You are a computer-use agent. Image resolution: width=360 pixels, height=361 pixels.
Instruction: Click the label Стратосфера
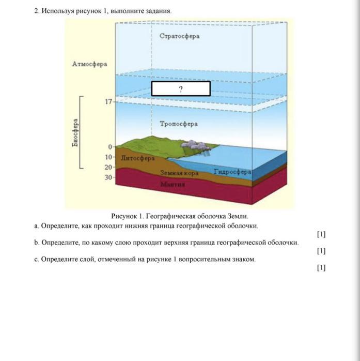(x=179, y=36)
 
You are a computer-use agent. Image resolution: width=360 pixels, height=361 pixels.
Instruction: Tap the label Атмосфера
(x=90, y=64)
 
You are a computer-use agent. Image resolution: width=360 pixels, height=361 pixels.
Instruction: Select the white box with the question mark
(x=181, y=89)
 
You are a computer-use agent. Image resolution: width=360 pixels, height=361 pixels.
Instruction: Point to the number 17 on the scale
(x=108, y=102)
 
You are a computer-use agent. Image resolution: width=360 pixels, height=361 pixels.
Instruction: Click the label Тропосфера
(x=179, y=124)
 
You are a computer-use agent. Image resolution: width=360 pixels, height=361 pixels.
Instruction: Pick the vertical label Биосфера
(x=75, y=134)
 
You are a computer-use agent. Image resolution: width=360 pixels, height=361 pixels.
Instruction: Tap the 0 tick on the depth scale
(x=110, y=147)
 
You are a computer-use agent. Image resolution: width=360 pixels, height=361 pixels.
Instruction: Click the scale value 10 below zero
(x=108, y=157)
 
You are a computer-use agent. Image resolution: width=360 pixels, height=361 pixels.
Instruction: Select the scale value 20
(x=108, y=167)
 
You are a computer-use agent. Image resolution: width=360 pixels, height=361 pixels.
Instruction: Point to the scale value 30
(x=108, y=177)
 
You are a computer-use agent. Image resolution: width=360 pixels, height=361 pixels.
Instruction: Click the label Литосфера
(x=137, y=158)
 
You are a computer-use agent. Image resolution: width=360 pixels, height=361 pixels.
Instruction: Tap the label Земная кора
(x=179, y=174)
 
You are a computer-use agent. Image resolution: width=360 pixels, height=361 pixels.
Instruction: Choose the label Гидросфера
(x=232, y=171)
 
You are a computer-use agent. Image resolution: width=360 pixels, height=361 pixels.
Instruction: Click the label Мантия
(x=173, y=184)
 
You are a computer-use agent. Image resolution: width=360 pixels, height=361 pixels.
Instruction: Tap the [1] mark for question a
(x=321, y=234)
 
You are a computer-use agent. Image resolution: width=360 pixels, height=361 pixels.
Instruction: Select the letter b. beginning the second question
(x=37, y=242)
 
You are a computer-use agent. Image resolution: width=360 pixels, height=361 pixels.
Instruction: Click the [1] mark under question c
(x=321, y=267)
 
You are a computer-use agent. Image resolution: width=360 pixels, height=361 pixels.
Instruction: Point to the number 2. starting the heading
(x=37, y=10)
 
